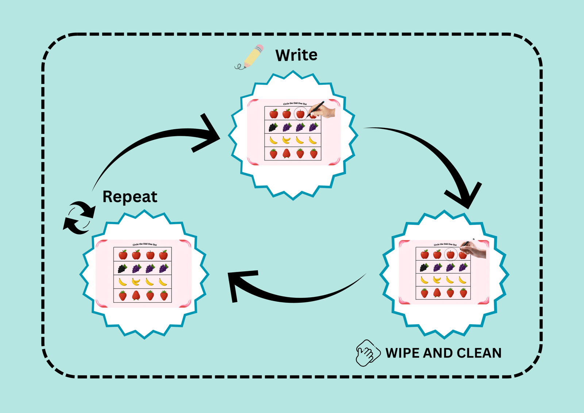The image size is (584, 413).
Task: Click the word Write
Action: coord(296,55)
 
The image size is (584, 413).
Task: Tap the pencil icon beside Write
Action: coord(251,57)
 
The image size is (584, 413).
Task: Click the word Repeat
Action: coord(130,197)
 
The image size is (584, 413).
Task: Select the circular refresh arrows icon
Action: coord(79,218)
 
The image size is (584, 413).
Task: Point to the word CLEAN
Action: coord(479,353)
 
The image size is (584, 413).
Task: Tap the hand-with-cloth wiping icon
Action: coord(366,352)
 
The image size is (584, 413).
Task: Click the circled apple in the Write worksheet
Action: coord(300,114)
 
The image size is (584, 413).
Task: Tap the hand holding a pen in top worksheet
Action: coord(323,110)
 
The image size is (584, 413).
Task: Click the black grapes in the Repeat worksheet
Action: coord(123,269)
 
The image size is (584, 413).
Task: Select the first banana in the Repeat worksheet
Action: coord(123,282)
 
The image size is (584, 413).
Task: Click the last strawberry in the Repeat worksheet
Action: coord(164,295)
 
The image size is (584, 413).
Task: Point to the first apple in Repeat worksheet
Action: coord(123,254)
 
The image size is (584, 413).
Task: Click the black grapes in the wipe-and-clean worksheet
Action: coord(424,268)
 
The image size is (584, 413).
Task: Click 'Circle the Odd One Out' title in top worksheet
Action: coord(295,103)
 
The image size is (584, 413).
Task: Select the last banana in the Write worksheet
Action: coord(313,140)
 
